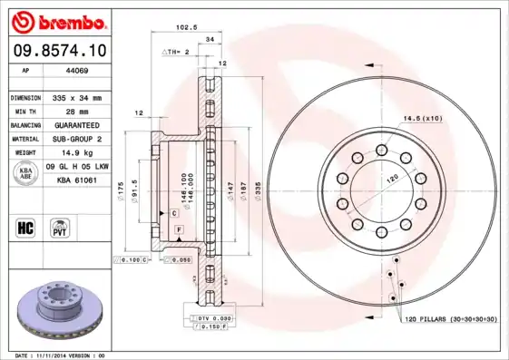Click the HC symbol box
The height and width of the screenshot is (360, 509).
25,227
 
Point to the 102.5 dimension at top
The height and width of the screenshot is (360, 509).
188,28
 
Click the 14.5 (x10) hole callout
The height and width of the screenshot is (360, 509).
422,119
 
